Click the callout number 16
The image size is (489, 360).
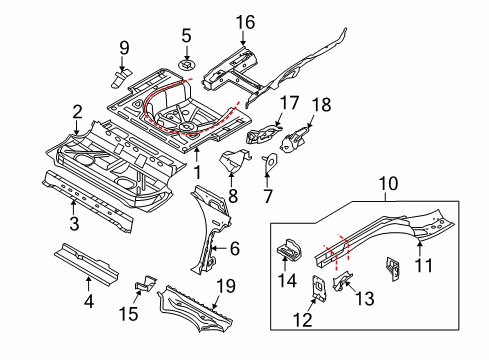point(245,22)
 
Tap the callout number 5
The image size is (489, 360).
point(186,35)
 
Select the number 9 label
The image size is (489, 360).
point(124,48)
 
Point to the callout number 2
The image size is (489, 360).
point(77,112)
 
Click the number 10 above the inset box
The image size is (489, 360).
point(388,184)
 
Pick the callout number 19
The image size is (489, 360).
point(226,286)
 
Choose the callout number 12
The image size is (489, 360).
point(303,320)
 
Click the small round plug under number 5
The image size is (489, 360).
point(187,64)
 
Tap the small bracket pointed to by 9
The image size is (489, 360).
point(121,79)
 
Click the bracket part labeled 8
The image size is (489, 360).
point(234,162)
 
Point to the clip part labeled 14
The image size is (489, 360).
point(290,250)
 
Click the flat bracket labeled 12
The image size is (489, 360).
point(319,289)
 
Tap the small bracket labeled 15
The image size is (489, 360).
point(146,283)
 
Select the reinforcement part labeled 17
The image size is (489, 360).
point(264,134)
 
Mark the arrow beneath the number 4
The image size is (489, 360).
point(88,284)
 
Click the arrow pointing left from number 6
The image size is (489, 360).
point(219,248)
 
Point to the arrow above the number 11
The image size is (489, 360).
point(420,250)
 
